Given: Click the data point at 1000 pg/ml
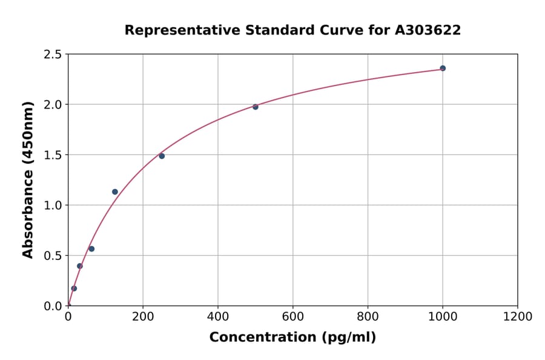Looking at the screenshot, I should [x=443, y=68].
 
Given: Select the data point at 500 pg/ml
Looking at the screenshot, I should [x=256, y=107].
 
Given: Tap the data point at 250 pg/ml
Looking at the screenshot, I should [x=162, y=156].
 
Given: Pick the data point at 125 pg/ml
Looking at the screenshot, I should [x=115, y=192].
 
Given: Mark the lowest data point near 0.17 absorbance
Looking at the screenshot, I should [x=74, y=288].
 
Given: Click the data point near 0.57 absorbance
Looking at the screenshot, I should [x=91, y=248].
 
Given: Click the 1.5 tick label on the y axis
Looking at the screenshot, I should [x=53, y=155].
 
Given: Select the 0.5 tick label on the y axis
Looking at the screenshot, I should [x=53, y=256].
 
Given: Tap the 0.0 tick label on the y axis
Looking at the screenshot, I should [x=53, y=306].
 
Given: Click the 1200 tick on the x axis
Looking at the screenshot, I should [x=518, y=316].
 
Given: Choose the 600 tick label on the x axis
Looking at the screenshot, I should [x=293, y=316].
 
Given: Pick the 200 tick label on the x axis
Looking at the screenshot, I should [x=143, y=316].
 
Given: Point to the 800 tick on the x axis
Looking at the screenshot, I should [x=368, y=316].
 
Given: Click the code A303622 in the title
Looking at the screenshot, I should [x=428, y=30].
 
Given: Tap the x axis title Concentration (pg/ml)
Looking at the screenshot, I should [x=292, y=338].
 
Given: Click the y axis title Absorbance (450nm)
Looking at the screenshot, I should [x=28, y=179].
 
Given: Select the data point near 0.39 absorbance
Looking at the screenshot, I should [x=79, y=266].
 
